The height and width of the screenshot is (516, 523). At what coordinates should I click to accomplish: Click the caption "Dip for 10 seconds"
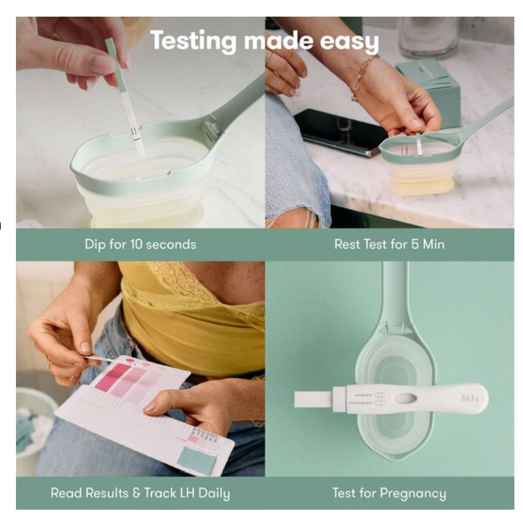(140, 244)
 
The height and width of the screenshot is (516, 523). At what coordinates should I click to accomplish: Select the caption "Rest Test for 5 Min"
(389, 244)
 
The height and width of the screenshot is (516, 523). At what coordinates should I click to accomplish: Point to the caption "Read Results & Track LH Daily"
(140, 493)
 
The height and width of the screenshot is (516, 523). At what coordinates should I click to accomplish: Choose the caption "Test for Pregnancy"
(389, 493)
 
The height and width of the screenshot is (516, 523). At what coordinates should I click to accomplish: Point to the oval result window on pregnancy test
(403, 398)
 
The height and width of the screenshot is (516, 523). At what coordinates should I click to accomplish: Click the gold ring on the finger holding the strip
(50, 363)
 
